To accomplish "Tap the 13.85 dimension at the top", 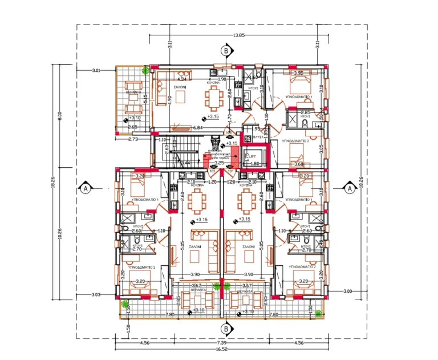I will click(x=238, y=35).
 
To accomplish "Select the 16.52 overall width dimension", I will click(x=221, y=348).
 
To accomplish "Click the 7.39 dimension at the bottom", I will click(x=221, y=342).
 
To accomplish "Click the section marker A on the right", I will click(x=349, y=187).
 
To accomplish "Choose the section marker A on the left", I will click(x=85, y=187).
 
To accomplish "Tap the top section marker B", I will click(x=226, y=51).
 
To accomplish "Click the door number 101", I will click(x=231, y=170).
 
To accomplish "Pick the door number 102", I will click(x=212, y=170).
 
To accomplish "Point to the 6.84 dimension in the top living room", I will click(x=198, y=128).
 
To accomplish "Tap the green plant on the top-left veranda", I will click(x=146, y=71).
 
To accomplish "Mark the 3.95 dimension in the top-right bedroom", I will click(x=298, y=74).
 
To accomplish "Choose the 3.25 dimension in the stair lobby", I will click(x=218, y=163).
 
